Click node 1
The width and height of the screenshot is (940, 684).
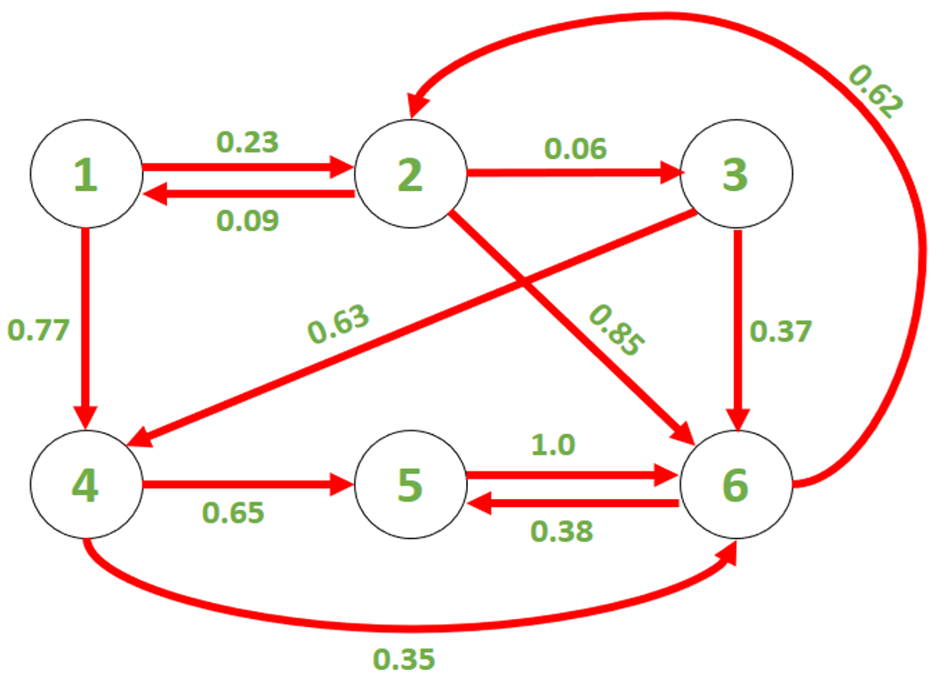(x=86, y=173)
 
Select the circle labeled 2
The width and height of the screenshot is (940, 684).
(x=411, y=173)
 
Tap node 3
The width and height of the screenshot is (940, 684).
(x=736, y=173)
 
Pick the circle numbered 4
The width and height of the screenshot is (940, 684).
(x=86, y=485)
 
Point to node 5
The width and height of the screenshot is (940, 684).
(x=411, y=485)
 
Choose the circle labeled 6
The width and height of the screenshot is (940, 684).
(x=736, y=485)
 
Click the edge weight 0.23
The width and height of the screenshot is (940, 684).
(x=247, y=142)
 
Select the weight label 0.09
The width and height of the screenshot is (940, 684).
(x=247, y=221)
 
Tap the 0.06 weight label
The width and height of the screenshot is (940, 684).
(x=575, y=149)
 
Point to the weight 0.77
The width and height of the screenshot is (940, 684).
(x=38, y=330)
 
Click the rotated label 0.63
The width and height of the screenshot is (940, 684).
(x=338, y=325)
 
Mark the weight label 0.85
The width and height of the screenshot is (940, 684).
(x=617, y=330)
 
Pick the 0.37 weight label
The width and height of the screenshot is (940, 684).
(x=781, y=332)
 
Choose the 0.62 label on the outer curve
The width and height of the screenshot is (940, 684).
(x=875, y=92)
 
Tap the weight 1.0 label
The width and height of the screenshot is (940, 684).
(x=553, y=445)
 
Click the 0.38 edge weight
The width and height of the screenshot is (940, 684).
(x=562, y=532)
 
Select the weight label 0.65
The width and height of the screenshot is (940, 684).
(x=233, y=512)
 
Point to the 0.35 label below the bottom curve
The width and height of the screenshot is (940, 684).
(x=404, y=659)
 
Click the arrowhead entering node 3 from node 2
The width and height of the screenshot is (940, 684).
(x=672, y=172)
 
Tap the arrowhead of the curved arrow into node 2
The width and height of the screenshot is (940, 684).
(x=418, y=106)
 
